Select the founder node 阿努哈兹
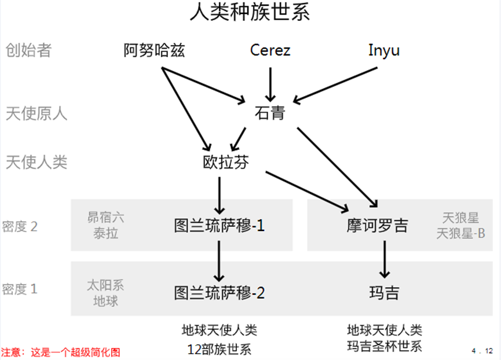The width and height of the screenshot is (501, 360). coord(155,51)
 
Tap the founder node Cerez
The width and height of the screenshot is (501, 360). coord(270,51)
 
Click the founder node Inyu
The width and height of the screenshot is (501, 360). coord(383,51)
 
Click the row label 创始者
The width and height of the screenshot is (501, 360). coord(28,50)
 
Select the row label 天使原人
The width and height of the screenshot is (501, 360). coord(36,113)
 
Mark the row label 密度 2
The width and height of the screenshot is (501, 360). coord(20,226)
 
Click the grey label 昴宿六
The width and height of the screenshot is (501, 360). coord(105,218)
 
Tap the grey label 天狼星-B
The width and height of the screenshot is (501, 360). coord(460,233)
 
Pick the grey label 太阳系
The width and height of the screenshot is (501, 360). coord(105,285)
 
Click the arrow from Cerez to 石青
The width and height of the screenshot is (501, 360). coord(269,84)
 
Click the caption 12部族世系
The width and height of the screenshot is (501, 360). coord(220,349)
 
